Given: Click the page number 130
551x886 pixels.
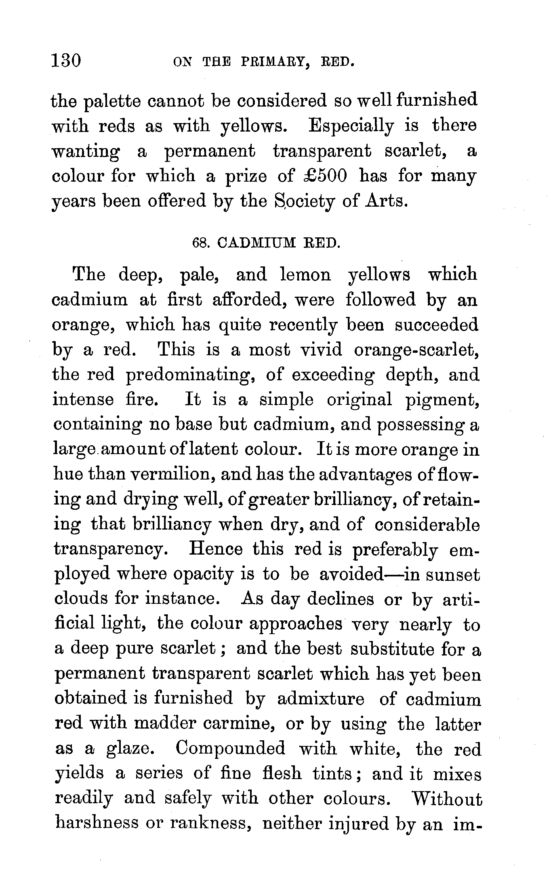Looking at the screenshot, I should click(66, 61).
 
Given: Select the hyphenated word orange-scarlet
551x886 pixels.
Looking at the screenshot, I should click(416, 350).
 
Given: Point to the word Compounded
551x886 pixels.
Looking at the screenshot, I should click(230, 749).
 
